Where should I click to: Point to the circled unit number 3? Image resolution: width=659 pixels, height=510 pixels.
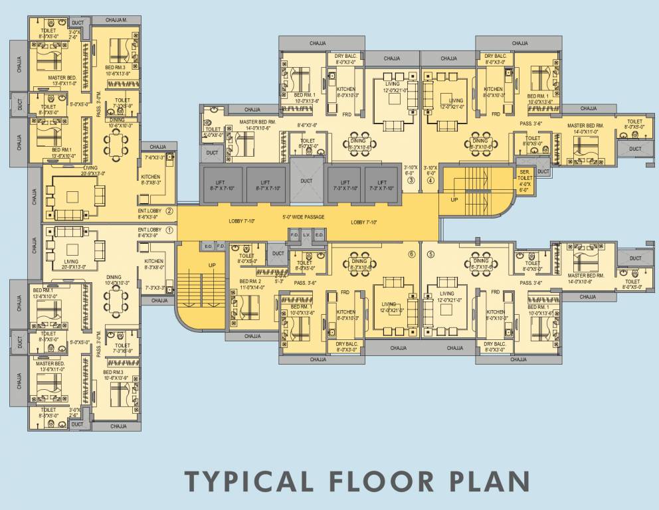click(x=411, y=180)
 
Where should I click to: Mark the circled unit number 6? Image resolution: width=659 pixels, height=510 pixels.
click(x=411, y=254)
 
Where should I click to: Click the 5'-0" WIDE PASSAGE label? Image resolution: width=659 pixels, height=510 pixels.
click(x=306, y=218)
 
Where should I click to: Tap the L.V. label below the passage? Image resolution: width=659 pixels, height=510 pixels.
click(x=306, y=235)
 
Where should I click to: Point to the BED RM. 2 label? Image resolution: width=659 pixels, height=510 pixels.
click(x=250, y=284)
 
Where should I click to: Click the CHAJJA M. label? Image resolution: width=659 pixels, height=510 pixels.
click(x=116, y=20)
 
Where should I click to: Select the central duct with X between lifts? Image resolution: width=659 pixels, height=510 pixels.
click(x=306, y=181)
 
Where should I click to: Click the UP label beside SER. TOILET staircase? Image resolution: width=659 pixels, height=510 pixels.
click(x=454, y=199)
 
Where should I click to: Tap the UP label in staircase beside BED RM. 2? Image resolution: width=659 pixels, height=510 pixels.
click(x=212, y=265)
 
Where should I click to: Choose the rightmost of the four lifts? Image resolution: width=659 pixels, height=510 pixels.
click(x=382, y=185)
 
